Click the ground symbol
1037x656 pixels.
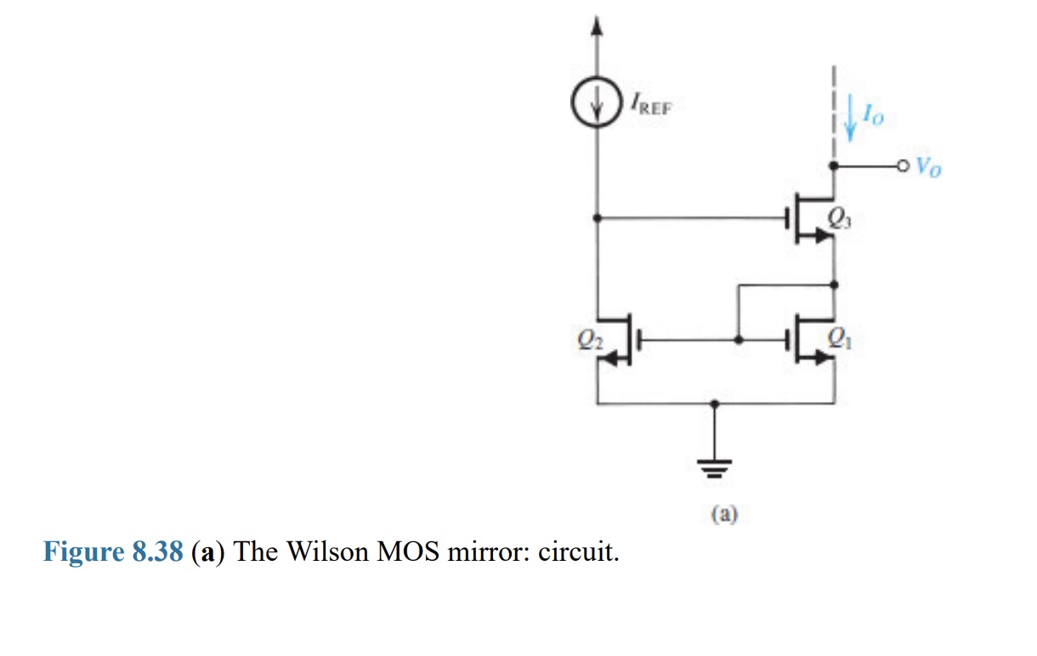click(716, 465)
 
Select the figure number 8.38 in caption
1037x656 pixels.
click(158, 552)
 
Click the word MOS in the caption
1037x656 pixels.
click(407, 552)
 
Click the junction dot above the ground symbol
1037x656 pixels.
click(716, 404)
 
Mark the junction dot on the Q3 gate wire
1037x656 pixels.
click(597, 218)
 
